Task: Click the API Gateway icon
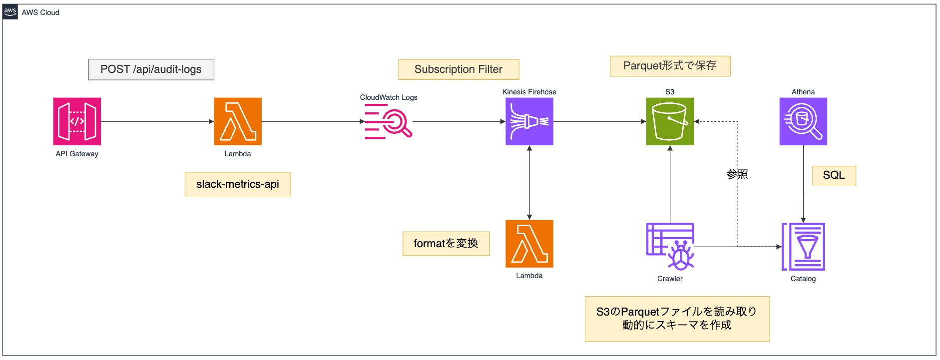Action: pos(77,121)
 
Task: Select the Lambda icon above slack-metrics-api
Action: pos(238,121)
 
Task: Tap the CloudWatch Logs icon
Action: pos(389,122)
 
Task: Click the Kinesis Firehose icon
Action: pos(529,121)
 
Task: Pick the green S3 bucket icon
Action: pos(670,121)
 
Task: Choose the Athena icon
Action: pos(803,121)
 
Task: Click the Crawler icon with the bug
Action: pos(670,247)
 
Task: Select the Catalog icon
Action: pos(803,247)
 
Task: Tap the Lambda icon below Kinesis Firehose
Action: pos(529,244)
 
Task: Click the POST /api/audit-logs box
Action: pos(151,69)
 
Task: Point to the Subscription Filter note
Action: pos(459,69)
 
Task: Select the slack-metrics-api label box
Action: pos(238,184)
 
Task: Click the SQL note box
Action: pos(834,175)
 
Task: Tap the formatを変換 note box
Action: pos(446,244)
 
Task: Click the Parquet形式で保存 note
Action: pos(670,66)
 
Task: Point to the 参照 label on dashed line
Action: pos(737,174)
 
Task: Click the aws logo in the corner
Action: pos(10,12)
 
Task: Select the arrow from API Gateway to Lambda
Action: pos(157,121)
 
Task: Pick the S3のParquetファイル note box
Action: pos(677,319)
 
